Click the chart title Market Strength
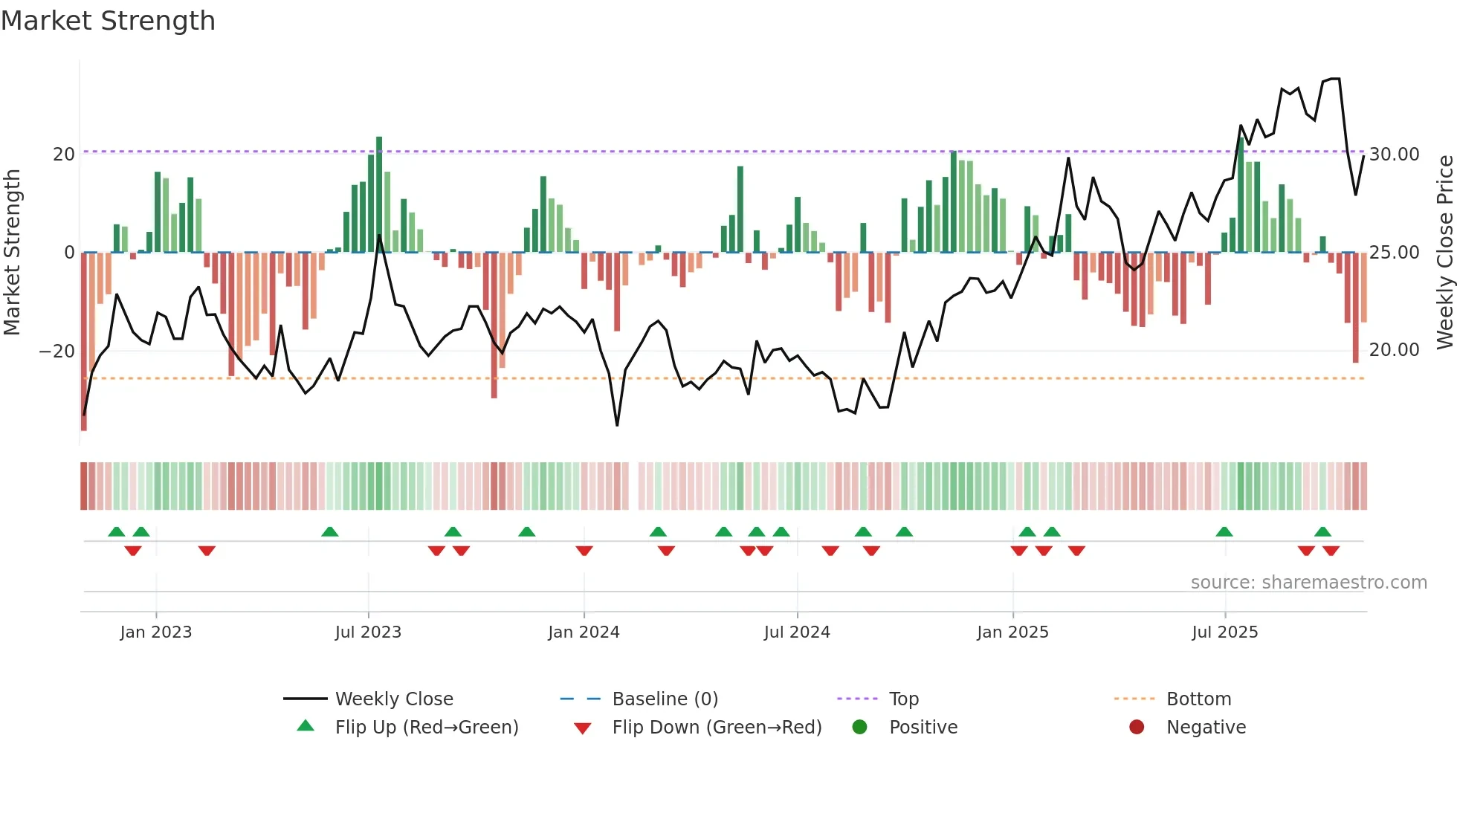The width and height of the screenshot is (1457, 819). coord(108,21)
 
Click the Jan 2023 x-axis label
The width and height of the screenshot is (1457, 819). coord(155,632)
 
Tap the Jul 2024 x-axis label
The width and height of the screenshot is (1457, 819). coord(797,632)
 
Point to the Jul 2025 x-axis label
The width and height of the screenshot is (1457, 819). coord(1224,632)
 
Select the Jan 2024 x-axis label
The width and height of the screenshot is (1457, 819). coord(584,632)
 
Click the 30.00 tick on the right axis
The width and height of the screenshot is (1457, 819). coord(1394,154)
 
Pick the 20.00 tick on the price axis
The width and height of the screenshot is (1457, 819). coord(1394,349)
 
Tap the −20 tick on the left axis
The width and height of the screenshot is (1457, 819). coord(57,351)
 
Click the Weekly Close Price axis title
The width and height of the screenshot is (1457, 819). coord(1444,252)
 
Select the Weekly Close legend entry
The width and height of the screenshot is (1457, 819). coord(393,699)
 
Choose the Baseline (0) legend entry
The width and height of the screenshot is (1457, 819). coord(665,699)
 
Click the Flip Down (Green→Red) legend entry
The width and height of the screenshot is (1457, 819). coord(716,727)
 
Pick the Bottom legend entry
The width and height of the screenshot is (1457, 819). coord(1198,699)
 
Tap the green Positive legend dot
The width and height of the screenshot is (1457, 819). coord(859,727)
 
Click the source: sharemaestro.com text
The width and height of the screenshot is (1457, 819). coord(1308,582)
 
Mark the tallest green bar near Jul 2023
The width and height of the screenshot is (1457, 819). coord(379,193)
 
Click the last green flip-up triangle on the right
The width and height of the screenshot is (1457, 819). coord(1322,531)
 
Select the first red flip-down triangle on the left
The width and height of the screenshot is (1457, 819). coord(133,551)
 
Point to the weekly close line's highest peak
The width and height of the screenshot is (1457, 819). coord(1335,78)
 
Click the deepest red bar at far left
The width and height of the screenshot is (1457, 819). coord(84,342)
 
